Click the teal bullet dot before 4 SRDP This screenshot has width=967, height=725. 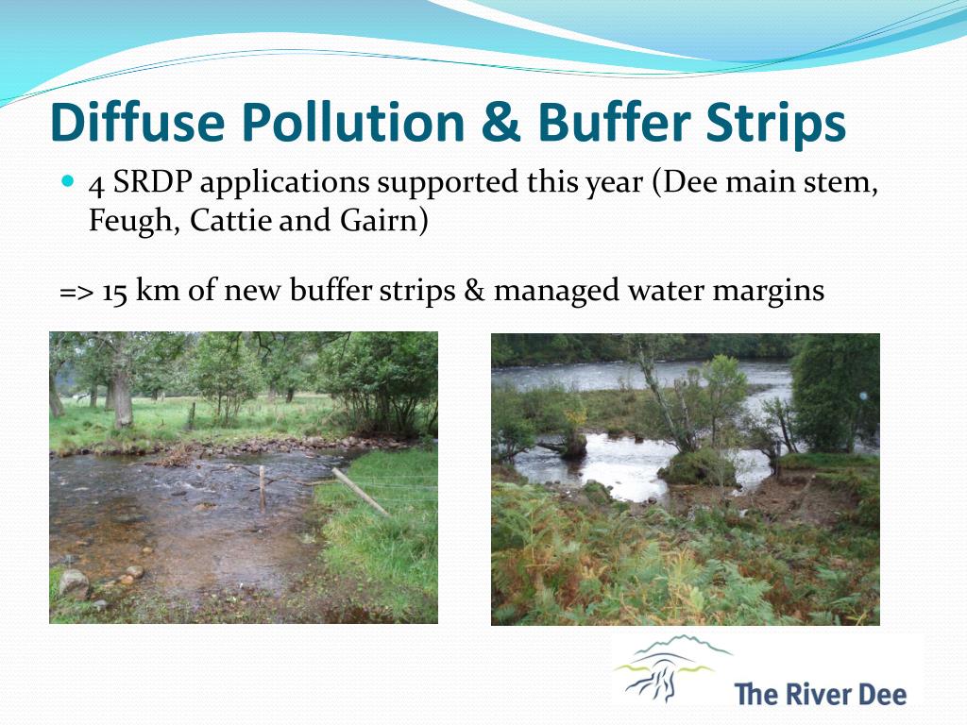(67, 178)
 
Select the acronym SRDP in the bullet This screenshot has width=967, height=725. (148, 181)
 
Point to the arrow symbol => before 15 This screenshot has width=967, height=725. (76, 292)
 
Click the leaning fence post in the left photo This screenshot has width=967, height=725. (359, 492)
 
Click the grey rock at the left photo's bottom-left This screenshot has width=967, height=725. (74, 583)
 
